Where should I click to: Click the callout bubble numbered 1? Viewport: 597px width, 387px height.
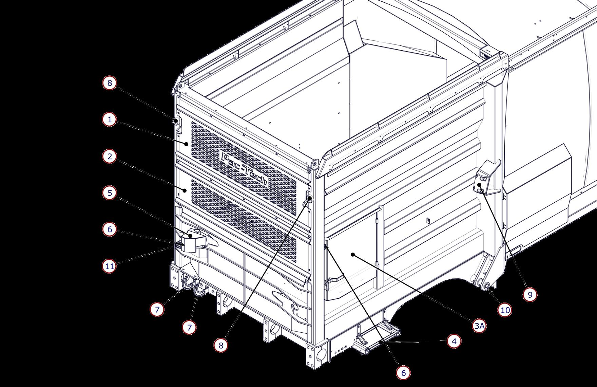[x=110, y=120]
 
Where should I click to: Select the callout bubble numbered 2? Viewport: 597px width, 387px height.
[x=110, y=156]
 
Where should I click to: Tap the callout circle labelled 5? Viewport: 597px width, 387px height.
[x=110, y=193]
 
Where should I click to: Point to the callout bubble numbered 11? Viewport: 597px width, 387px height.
[x=110, y=266]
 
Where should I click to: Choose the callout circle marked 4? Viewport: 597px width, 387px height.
[x=454, y=341]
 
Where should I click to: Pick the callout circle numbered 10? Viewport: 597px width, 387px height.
[x=505, y=310]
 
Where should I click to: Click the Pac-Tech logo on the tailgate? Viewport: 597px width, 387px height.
[x=244, y=169]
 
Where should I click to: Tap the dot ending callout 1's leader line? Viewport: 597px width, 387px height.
[x=187, y=144]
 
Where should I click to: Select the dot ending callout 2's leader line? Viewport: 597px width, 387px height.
[x=185, y=190]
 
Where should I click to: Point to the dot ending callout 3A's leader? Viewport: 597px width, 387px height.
[x=353, y=254]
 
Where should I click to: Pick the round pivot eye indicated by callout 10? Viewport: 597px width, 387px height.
[x=486, y=285]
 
